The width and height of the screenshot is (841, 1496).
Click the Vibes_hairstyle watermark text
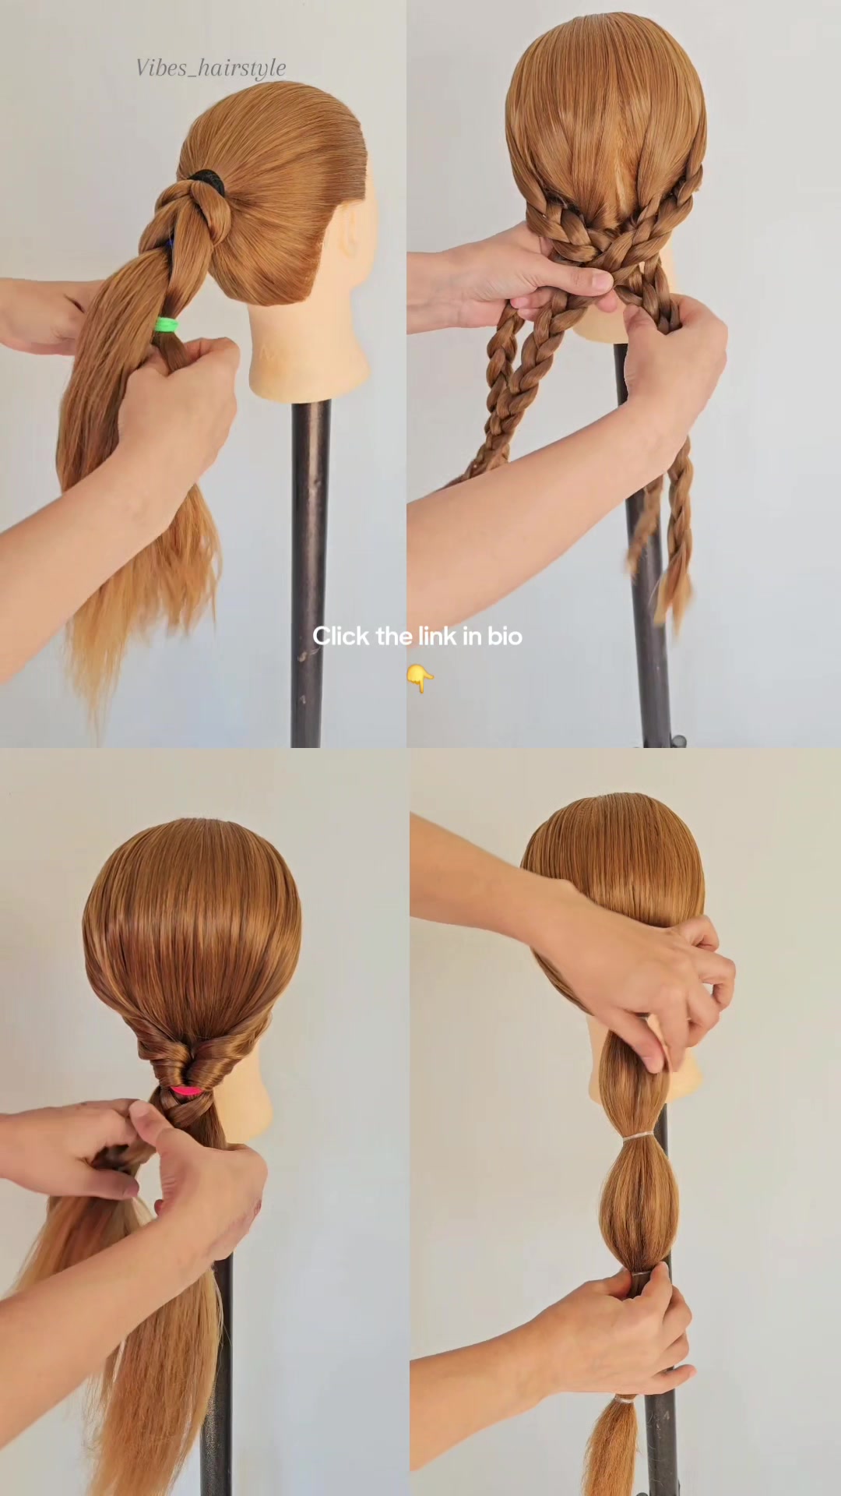tap(211, 69)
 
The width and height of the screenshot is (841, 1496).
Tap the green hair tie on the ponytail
tap(166, 324)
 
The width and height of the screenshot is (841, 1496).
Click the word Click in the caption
tap(341, 636)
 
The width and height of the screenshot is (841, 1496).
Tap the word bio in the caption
tap(505, 636)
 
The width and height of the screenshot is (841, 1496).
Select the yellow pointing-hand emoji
tap(420, 678)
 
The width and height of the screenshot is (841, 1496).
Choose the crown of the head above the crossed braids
tap(606, 101)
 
